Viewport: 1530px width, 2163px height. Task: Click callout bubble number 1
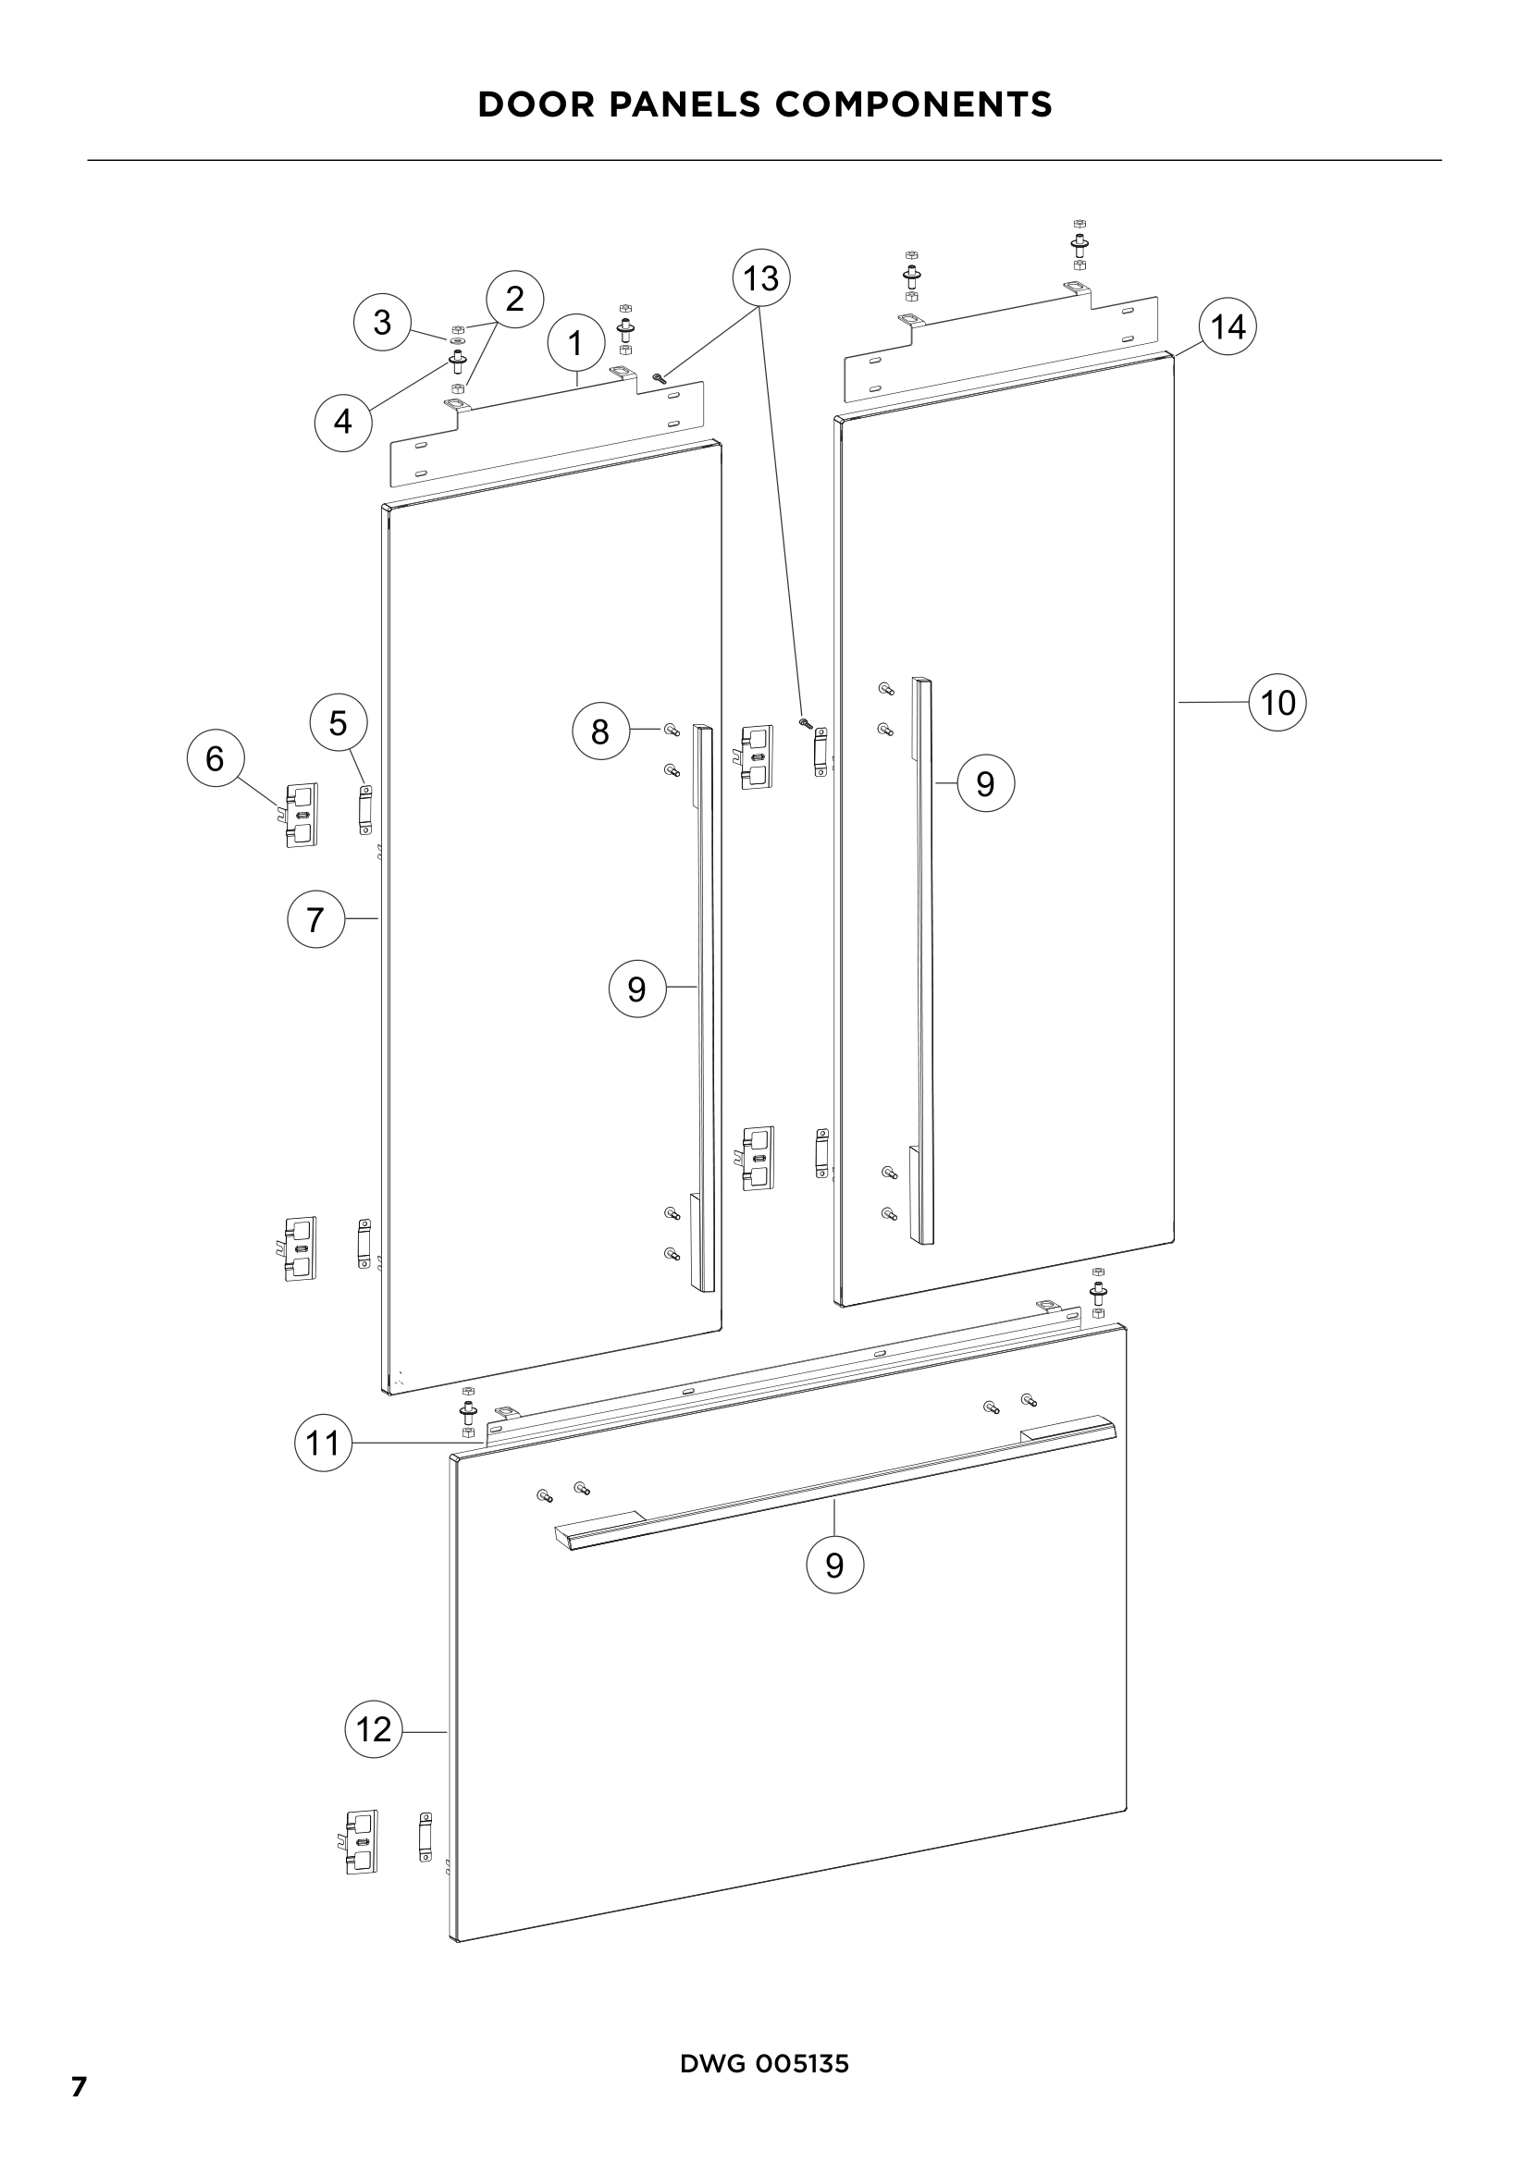pos(574,343)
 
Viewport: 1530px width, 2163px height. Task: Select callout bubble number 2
pos(514,299)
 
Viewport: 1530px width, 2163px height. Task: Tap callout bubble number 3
pos(381,322)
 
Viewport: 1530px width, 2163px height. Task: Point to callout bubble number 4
pos(343,421)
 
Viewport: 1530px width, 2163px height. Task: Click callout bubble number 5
pos(339,722)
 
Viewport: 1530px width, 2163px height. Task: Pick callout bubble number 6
pos(215,758)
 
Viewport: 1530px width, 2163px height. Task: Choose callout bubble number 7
pos(315,918)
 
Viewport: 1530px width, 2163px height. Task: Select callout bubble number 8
pos(600,731)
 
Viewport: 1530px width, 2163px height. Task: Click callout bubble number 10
pos(1277,703)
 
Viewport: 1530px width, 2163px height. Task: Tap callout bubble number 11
pos(323,1443)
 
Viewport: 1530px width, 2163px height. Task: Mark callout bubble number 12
pos(374,1728)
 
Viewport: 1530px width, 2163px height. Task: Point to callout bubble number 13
pos(761,278)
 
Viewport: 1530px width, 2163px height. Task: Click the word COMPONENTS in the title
pos(913,104)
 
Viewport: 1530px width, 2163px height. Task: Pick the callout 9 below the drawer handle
pos(834,1565)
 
